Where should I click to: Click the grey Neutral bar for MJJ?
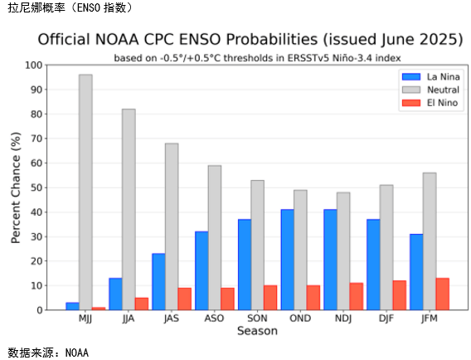pyautogui.click(x=85, y=192)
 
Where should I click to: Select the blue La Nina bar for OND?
pyautogui.click(x=288, y=260)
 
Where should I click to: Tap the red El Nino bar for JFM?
pyautogui.click(x=443, y=294)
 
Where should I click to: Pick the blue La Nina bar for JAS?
pyautogui.click(x=158, y=281)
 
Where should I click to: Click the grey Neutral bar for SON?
pyautogui.click(x=258, y=245)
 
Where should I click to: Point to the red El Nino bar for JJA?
pyautogui.click(x=142, y=304)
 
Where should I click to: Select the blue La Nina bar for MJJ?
pyautogui.click(x=72, y=306)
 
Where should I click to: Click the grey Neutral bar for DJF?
pyautogui.click(x=386, y=247)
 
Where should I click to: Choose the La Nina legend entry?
pyautogui.click(x=430, y=77)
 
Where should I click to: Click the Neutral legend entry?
pyautogui.click(x=430, y=90)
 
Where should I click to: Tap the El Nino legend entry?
pyautogui.click(x=430, y=103)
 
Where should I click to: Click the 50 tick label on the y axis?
pyautogui.click(x=36, y=187)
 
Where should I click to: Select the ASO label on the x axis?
pyautogui.click(x=214, y=319)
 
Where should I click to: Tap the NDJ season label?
pyautogui.click(x=343, y=319)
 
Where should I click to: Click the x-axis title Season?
pyautogui.click(x=257, y=331)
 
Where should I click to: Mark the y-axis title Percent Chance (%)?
pyautogui.click(x=16, y=187)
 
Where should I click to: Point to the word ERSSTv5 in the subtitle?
pyautogui.click(x=308, y=58)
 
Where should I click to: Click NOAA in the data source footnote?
pyautogui.click(x=77, y=353)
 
